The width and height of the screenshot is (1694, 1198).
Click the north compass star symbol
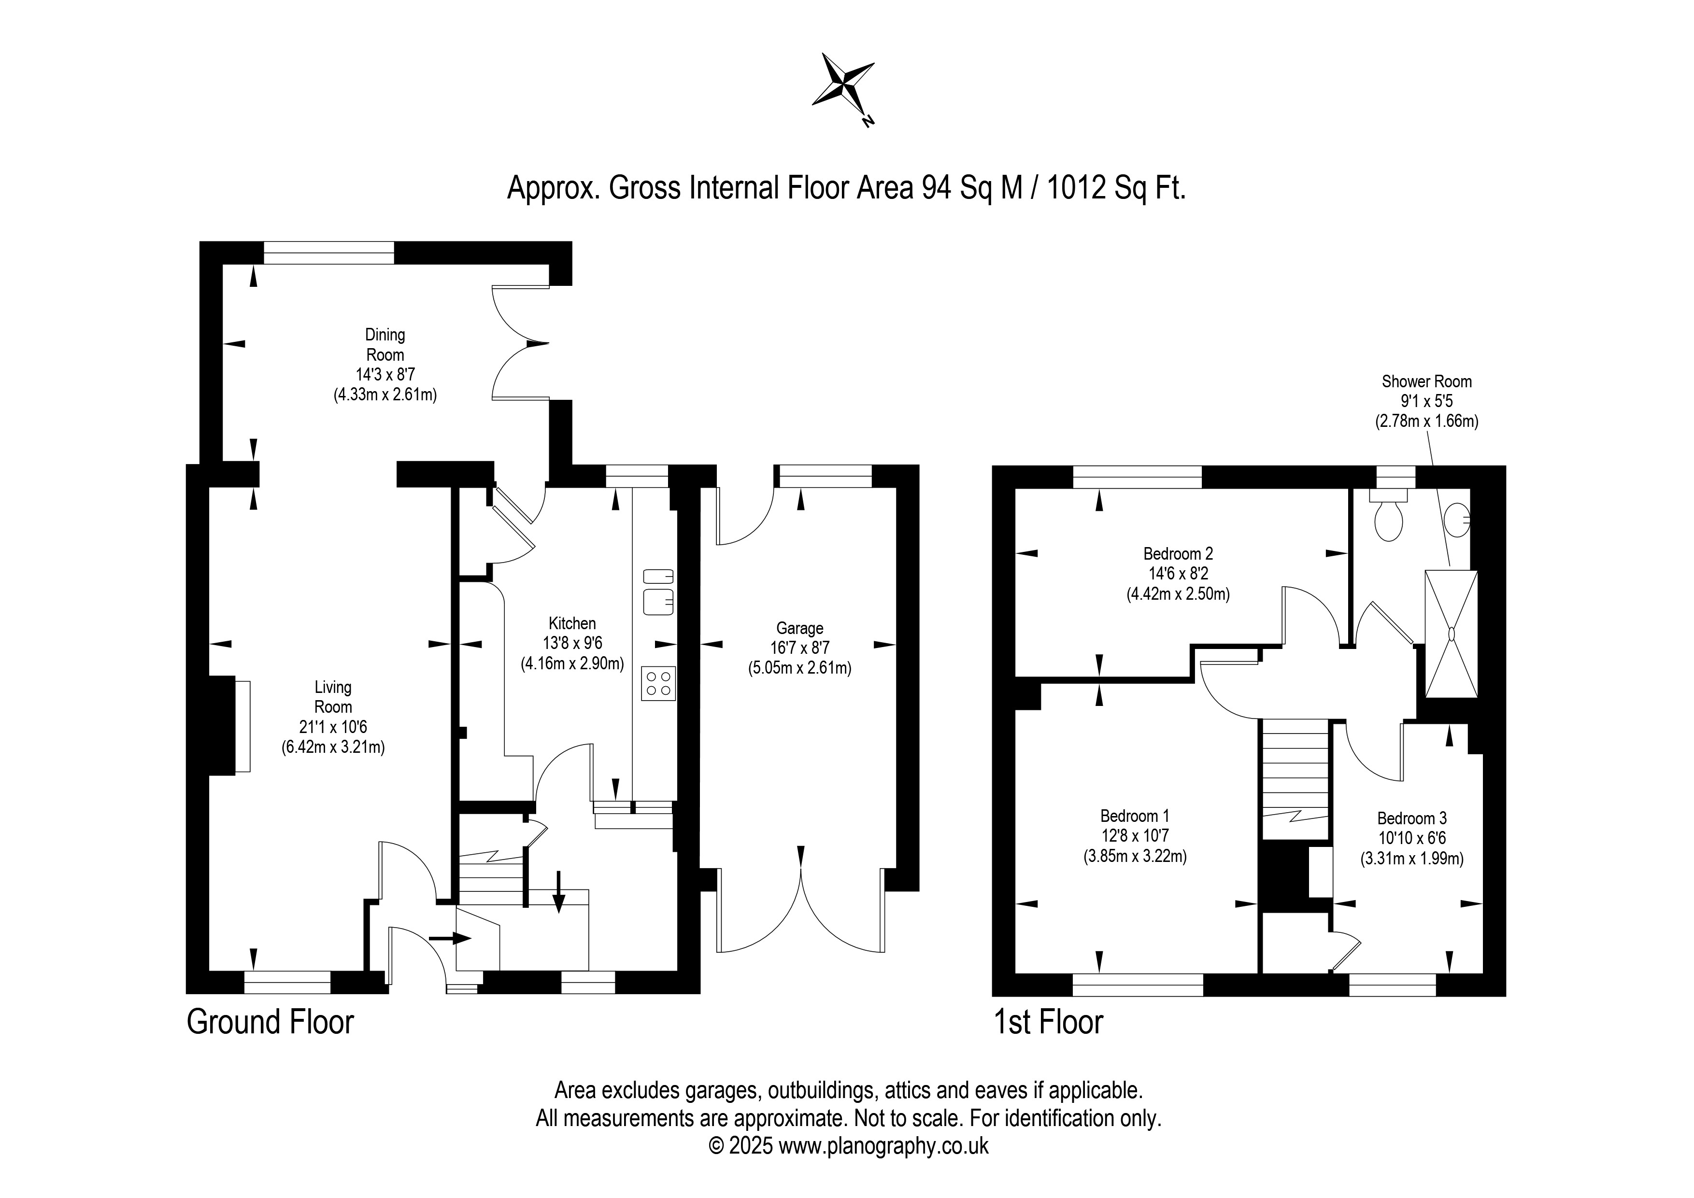coord(844,88)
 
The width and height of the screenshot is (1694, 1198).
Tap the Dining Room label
coord(385,344)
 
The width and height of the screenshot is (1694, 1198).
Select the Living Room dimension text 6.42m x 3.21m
coord(333,747)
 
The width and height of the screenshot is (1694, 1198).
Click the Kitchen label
coord(572,623)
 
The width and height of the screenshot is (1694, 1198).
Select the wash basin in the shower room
coord(1457,520)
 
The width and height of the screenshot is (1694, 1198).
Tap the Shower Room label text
coord(1426,381)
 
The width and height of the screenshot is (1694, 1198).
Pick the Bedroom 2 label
coord(1178,553)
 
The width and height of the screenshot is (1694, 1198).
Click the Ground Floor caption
coord(270,1022)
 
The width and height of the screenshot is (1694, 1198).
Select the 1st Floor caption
coord(1048,1022)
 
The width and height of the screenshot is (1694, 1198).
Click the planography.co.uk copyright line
coord(849,1146)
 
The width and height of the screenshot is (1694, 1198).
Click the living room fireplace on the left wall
coord(230,727)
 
